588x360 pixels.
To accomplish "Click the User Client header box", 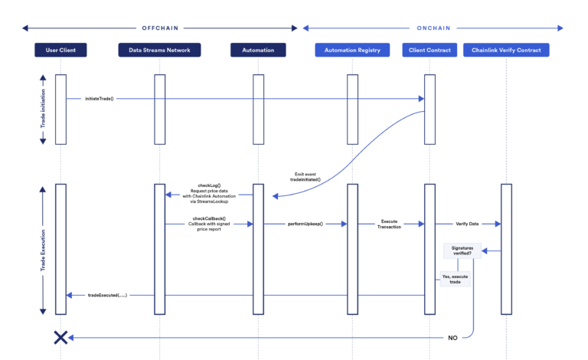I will pyautogui.click(x=60, y=51).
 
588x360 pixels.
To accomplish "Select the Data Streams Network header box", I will pyautogui.click(x=159, y=51).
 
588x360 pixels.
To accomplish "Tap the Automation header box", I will pyautogui.click(x=258, y=51).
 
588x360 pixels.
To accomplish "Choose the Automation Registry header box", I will pyautogui.click(x=352, y=51).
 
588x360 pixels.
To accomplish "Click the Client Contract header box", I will pyautogui.click(x=430, y=51).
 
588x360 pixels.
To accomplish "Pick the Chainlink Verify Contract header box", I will pyautogui.click(x=506, y=51).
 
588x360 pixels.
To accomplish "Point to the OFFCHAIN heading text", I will pyautogui.click(x=160, y=28).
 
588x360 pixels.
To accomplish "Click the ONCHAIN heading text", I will pyautogui.click(x=433, y=28).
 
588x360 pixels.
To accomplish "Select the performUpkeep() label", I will pyautogui.click(x=305, y=224).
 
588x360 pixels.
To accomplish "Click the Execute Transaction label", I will pyautogui.click(x=389, y=224).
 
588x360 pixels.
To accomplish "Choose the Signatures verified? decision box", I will pyautogui.click(x=457, y=251).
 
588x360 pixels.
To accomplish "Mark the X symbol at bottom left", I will pyautogui.click(x=60, y=337).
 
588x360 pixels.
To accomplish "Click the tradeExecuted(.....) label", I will pyautogui.click(x=107, y=295).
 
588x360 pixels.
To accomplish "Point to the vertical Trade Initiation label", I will pyautogui.click(x=43, y=110).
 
